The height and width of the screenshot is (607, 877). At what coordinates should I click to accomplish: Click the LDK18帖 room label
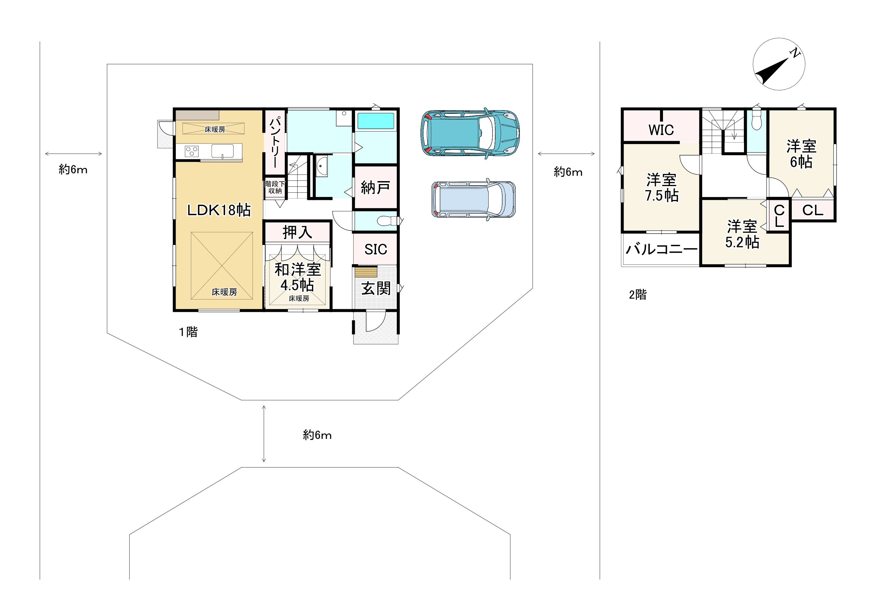pos(219,210)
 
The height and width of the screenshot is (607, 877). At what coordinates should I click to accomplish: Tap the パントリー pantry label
pos(275,143)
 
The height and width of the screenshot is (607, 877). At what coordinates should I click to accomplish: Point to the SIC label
pos(375,249)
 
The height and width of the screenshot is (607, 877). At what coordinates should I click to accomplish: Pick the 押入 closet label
pos(297,232)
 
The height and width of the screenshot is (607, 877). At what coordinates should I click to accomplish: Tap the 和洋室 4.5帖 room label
pos(298,277)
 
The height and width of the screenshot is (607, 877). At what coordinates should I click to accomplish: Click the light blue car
pos(474,199)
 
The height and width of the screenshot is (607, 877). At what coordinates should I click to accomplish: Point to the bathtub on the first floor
pos(375,121)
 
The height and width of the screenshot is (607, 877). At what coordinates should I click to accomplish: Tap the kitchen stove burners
pos(191,151)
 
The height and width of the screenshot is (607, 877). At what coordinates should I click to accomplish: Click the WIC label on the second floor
pos(661,130)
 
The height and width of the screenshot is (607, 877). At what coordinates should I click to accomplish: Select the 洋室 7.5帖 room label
pos(662,188)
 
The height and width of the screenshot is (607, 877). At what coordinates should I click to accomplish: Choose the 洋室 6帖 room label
pos(801,154)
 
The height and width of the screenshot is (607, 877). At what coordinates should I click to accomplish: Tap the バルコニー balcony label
pos(662,249)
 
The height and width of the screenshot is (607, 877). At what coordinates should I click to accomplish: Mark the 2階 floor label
pos(637,294)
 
